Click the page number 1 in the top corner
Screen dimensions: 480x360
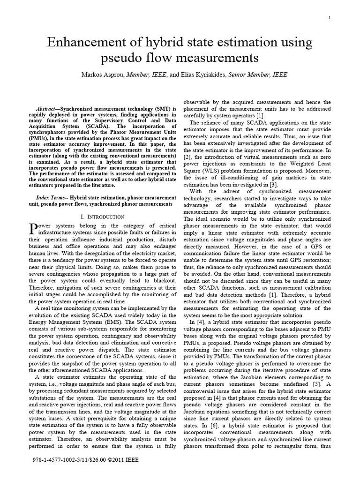330,18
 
